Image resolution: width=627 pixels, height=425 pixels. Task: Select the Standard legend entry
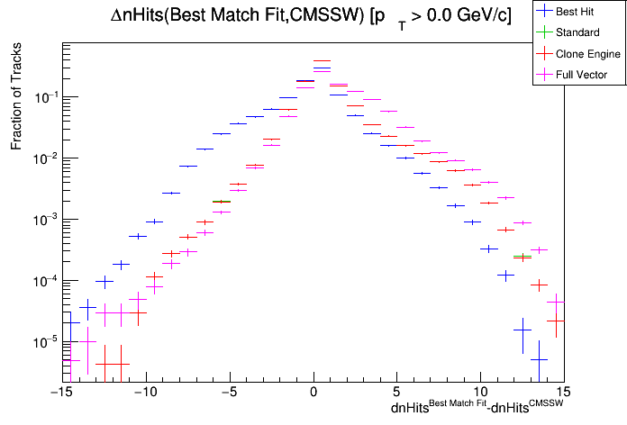click(577, 33)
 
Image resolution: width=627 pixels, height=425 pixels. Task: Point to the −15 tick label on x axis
click(60, 393)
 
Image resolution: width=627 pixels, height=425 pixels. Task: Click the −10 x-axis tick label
click(144, 393)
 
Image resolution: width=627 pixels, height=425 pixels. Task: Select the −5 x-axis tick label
click(229, 393)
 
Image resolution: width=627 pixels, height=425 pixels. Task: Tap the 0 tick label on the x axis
click(313, 393)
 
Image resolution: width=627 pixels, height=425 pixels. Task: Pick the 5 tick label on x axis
click(396, 393)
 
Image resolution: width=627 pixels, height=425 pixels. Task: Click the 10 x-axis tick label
click(480, 393)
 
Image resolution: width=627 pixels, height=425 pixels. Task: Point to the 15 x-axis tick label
click(564, 393)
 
